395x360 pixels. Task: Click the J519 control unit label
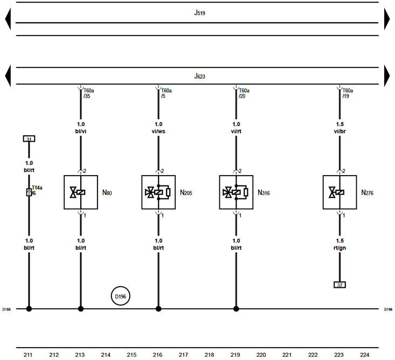pos(199,12)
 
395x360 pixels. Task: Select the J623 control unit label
pos(199,76)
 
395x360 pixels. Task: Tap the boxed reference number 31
pos(29,139)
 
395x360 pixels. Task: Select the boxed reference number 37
pos(339,285)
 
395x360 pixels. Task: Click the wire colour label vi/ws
pos(158,131)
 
